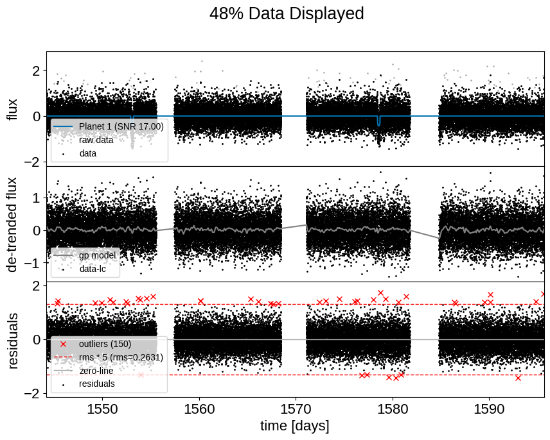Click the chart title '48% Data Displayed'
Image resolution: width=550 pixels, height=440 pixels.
point(287,13)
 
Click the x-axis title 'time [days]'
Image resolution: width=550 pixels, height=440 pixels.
point(294,426)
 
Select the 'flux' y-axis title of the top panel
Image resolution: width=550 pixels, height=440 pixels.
point(12,109)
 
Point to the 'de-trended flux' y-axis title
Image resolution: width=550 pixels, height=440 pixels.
point(12,224)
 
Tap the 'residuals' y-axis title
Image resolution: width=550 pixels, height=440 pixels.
point(12,340)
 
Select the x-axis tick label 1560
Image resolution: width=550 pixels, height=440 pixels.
point(199,409)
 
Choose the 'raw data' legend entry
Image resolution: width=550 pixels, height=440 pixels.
point(96,140)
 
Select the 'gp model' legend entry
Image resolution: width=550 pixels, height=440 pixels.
point(97,255)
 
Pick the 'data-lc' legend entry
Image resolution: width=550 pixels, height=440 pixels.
point(92,269)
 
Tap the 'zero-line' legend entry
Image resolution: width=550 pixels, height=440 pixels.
point(96,371)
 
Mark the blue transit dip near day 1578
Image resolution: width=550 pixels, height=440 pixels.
point(378,121)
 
